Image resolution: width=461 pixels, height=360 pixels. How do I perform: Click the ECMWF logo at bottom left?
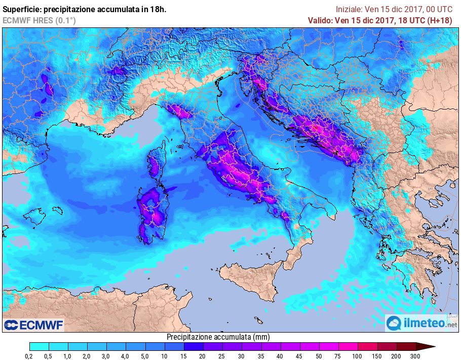(x=33, y=325)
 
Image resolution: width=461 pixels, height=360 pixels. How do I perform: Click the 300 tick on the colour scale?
(x=415, y=356)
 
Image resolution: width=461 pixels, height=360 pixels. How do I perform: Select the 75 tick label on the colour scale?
(x=338, y=356)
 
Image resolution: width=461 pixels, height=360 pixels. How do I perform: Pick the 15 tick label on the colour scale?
(x=184, y=356)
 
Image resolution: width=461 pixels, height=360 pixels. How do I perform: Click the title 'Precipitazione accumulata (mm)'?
(x=218, y=337)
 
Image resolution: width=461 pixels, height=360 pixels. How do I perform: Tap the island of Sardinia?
(x=152, y=213)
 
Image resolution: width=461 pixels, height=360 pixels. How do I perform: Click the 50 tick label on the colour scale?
(x=319, y=356)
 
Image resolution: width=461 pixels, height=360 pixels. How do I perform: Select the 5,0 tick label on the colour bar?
(x=145, y=356)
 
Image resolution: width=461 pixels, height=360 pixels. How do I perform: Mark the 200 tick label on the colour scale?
(x=396, y=356)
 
